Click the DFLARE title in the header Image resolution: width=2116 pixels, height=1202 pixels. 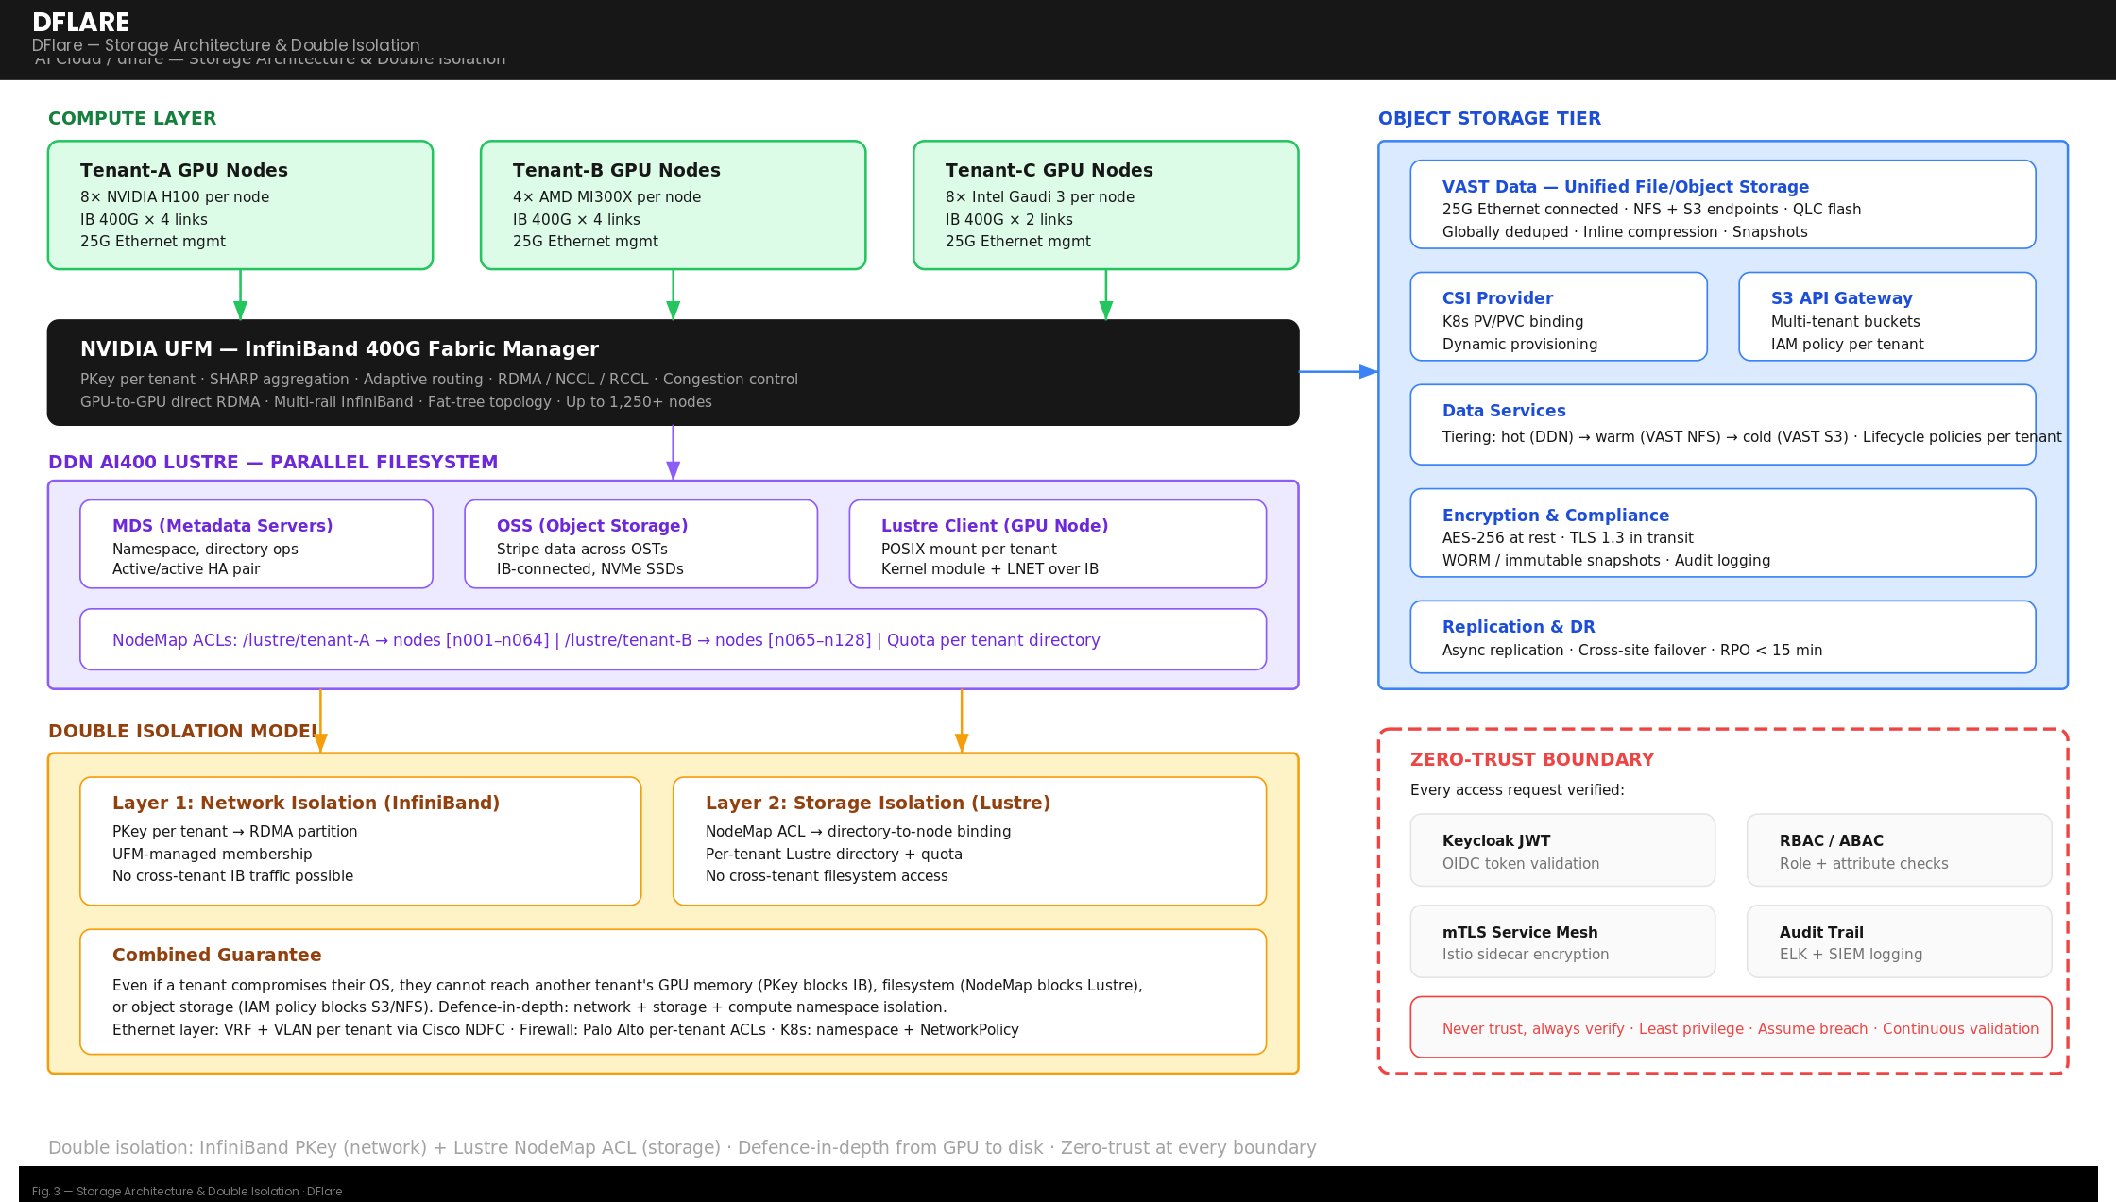click(x=80, y=22)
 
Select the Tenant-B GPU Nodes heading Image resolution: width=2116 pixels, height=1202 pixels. click(x=616, y=170)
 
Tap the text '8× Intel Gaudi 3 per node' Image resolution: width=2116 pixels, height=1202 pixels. click(x=1039, y=196)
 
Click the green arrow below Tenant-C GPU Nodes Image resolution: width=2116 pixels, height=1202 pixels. click(x=1105, y=296)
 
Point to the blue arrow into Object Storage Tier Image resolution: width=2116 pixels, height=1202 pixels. click(x=1339, y=372)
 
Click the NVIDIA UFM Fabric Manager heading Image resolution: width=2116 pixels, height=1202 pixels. click(x=339, y=349)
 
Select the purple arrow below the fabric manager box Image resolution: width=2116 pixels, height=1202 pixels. click(x=673, y=451)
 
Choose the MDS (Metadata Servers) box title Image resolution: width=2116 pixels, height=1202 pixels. click(x=222, y=526)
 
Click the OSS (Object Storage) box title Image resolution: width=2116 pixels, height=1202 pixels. click(x=591, y=526)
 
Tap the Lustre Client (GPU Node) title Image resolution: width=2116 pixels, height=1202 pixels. click(x=994, y=526)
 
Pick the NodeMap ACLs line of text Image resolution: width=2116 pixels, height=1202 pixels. click(x=606, y=640)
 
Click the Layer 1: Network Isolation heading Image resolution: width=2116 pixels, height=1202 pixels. click(x=305, y=803)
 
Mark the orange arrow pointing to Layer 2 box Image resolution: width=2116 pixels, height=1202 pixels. click(x=961, y=721)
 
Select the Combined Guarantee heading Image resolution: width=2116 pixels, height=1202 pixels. click(x=216, y=955)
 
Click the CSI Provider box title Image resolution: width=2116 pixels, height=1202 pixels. click(x=1496, y=298)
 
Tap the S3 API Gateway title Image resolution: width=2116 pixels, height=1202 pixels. click(x=1840, y=298)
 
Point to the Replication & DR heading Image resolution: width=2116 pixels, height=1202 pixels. click(x=1517, y=627)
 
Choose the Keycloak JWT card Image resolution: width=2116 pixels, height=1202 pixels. click(x=1561, y=850)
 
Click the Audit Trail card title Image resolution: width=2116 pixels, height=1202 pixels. click(x=1820, y=932)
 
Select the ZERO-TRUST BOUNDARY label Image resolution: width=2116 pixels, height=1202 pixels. click(x=1531, y=759)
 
